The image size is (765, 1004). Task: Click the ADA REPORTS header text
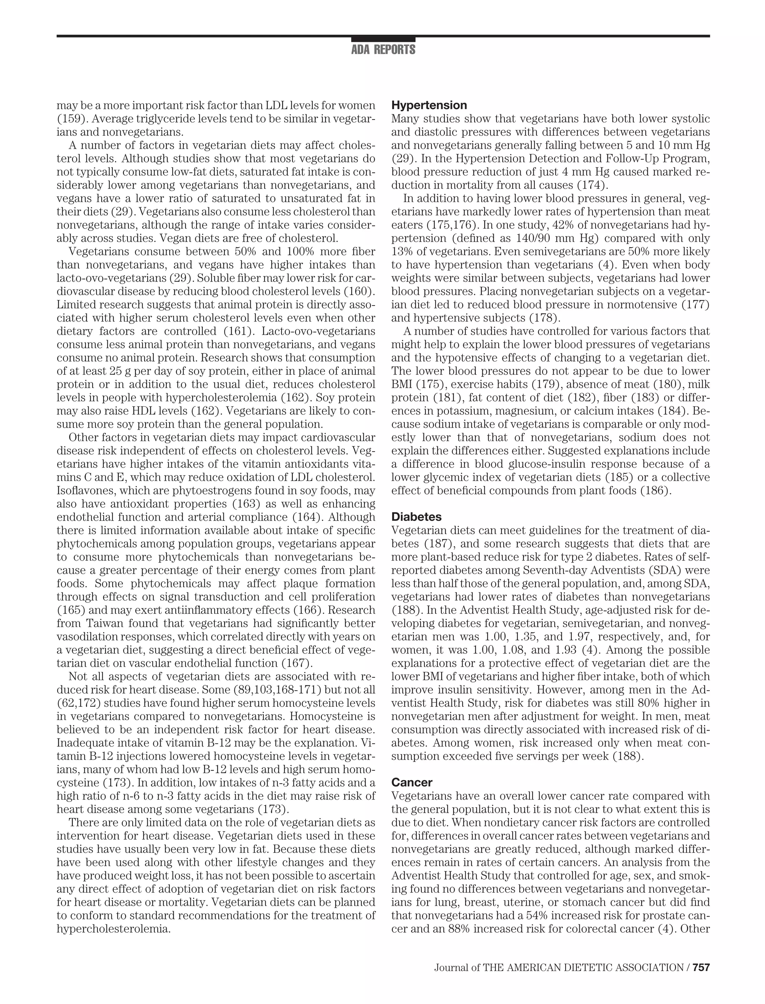coord(383,50)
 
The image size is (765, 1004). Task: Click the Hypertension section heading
coord(429,105)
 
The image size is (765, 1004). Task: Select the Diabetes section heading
coord(416,517)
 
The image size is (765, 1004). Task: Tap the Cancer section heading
coord(412,782)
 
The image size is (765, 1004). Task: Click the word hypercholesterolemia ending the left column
coord(114,929)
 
